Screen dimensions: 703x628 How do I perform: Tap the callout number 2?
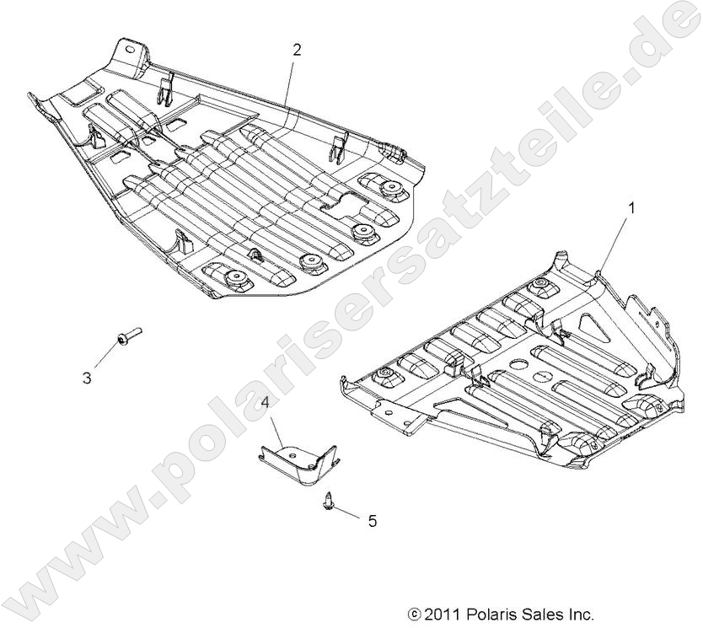[296, 50]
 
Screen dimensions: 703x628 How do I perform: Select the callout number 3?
[87, 378]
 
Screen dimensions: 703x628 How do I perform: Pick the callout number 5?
[372, 521]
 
